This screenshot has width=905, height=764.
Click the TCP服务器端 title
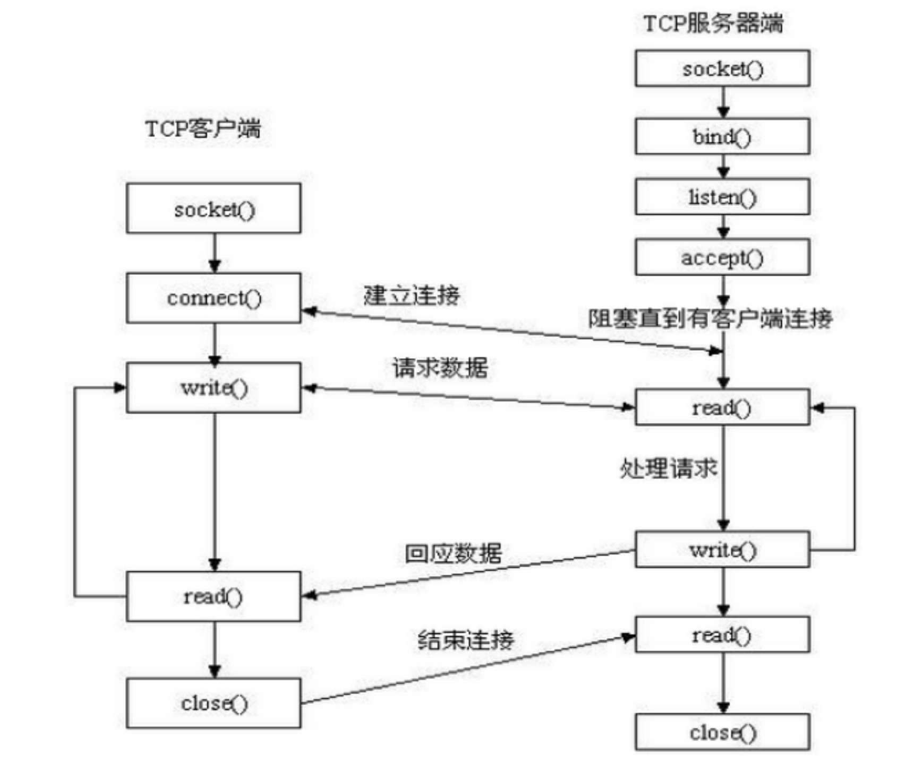click(x=713, y=23)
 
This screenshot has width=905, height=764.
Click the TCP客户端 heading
click(x=203, y=129)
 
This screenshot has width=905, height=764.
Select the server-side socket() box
click(x=722, y=68)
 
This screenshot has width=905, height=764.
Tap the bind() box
click(x=722, y=137)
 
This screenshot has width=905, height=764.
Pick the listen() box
click(x=722, y=197)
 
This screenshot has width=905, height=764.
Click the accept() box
click(x=722, y=257)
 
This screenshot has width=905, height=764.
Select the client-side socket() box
click(x=214, y=209)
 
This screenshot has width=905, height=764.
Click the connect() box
click(x=214, y=298)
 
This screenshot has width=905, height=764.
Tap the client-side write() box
click(x=214, y=387)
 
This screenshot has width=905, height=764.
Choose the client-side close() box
click(x=214, y=703)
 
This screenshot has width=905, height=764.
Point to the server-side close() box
click(x=722, y=732)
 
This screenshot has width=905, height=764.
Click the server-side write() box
click(x=722, y=550)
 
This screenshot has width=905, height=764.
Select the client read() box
click(x=214, y=596)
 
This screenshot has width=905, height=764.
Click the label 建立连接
click(x=412, y=295)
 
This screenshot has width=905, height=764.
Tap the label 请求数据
click(x=440, y=368)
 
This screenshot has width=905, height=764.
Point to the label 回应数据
click(x=453, y=553)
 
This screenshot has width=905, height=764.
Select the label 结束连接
click(x=466, y=640)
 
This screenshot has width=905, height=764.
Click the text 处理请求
click(x=668, y=468)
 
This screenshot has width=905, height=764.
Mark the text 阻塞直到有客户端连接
click(x=710, y=318)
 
